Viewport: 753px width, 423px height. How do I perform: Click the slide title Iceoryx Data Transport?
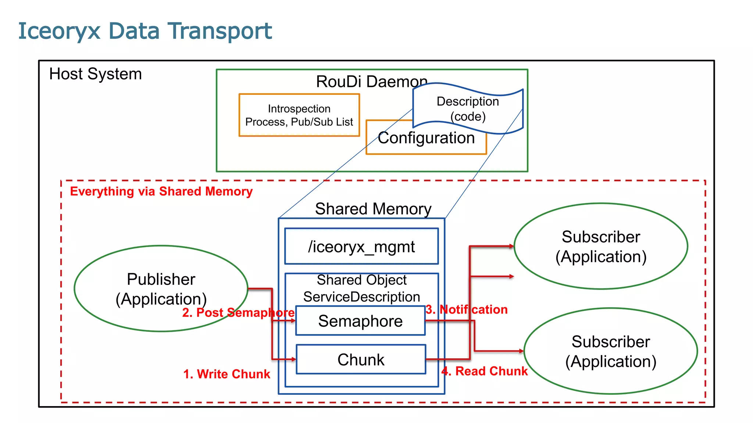(x=145, y=31)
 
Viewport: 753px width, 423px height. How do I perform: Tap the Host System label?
(x=95, y=74)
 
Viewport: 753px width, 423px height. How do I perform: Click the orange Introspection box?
(x=299, y=115)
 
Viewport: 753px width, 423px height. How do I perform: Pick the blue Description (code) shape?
(x=468, y=109)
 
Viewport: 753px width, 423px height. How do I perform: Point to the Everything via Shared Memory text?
(x=161, y=191)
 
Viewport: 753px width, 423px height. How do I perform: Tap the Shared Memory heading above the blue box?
(x=373, y=209)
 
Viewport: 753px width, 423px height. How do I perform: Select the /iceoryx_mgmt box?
(x=361, y=246)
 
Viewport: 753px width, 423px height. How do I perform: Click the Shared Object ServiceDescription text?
(x=362, y=288)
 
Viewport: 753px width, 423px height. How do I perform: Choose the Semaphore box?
(x=360, y=321)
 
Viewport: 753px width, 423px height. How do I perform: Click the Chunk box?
(x=361, y=359)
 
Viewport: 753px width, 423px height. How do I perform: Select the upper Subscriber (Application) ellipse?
(x=601, y=246)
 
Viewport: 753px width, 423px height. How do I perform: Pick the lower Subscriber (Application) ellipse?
(x=611, y=351)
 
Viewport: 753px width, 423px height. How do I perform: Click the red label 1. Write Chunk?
(x=226, y=374)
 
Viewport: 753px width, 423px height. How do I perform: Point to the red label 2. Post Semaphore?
(x=238, y=312)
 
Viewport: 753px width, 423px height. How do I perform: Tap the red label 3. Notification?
(x=467, y=309)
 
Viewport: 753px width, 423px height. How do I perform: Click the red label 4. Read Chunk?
(x=485, y=371)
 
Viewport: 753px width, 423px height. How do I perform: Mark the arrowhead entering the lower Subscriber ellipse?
(x=521, y=351)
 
